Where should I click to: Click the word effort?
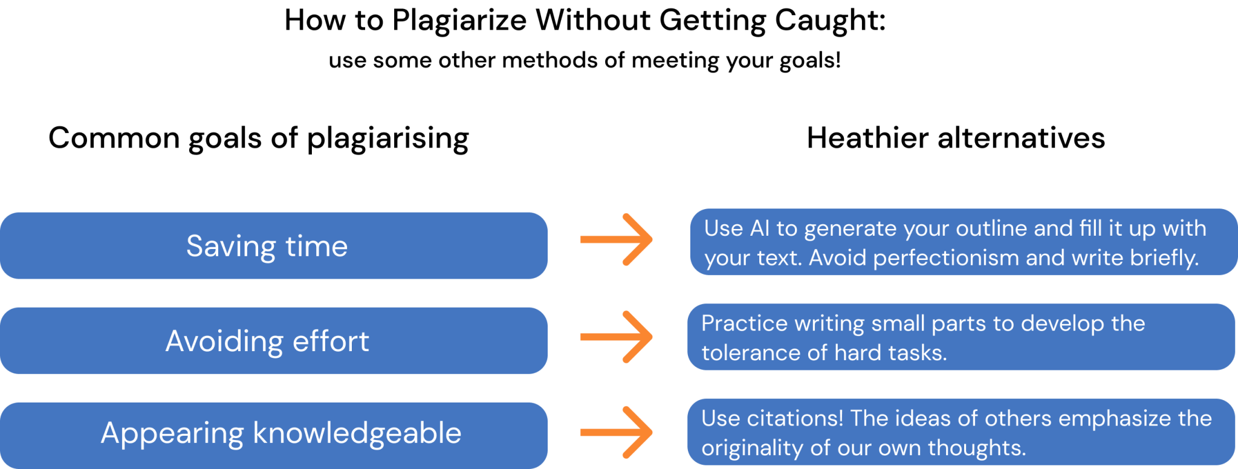tap(331, 341)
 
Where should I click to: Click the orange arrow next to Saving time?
tap(617, 240)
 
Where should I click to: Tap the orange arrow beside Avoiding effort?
tap(617, 337)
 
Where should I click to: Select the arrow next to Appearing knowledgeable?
tap(617, 432)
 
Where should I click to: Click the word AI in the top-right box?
tap(759, 228)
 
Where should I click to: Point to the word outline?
tap(991, 228)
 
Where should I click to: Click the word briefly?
tap(1164, 258)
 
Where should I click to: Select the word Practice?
tap(744, 323)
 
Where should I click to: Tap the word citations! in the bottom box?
tap(794, 418)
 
